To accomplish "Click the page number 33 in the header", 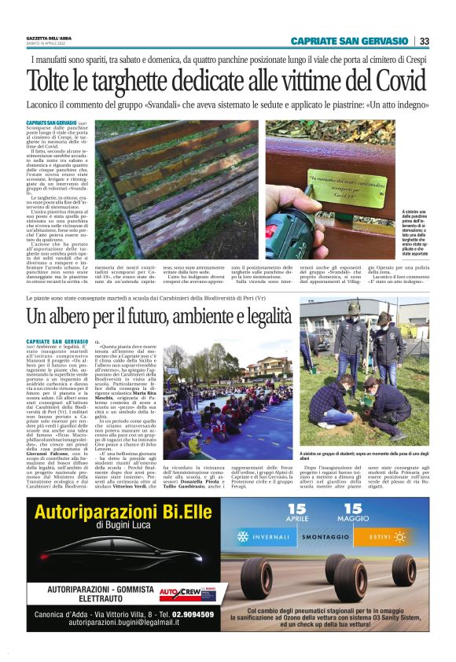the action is point(424,42).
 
